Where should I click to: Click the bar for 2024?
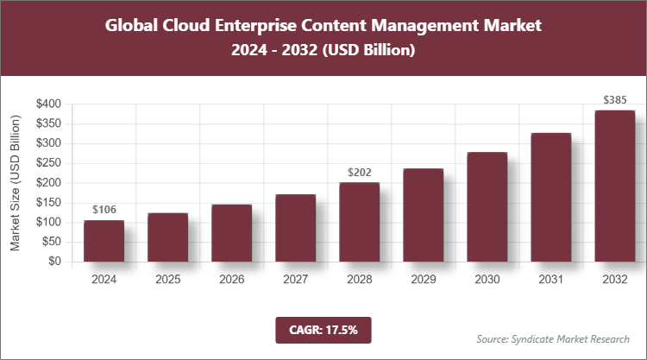104,241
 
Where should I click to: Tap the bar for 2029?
423,215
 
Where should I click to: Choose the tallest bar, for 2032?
614,186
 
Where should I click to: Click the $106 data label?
104,210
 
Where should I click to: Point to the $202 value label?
359,172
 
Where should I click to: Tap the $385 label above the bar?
614,100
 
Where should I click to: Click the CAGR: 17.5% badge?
323,329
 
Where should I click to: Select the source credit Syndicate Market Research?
553,338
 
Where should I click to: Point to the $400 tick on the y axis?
48,104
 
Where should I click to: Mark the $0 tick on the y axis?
54,262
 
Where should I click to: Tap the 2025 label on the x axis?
168,280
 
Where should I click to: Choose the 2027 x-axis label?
296,280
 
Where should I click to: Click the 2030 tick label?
487,280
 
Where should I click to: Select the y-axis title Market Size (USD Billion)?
16,183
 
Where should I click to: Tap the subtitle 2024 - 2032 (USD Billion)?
323,51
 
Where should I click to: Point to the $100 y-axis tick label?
48,223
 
